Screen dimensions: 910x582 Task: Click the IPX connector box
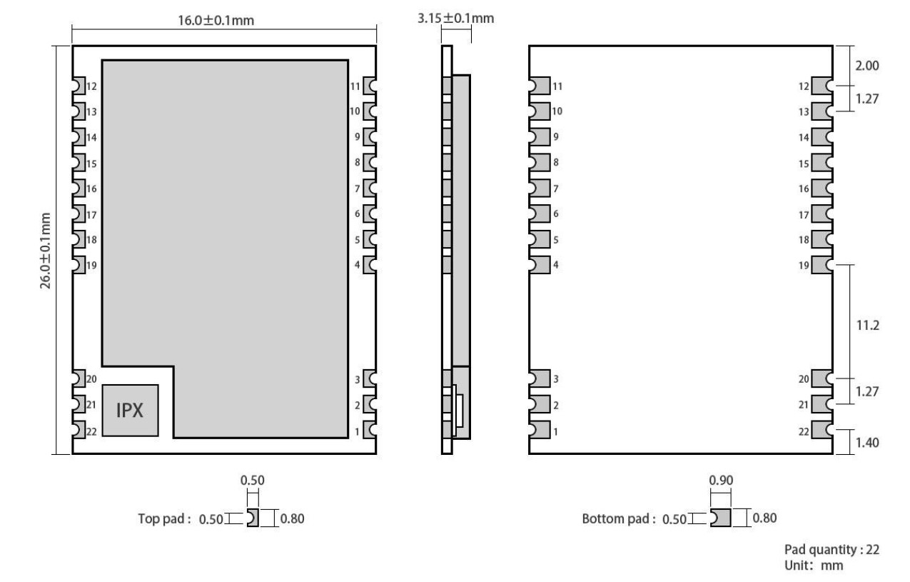click(130, 411)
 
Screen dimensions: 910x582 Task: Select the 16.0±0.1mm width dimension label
click(216, 20)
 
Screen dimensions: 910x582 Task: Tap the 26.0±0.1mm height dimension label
click(45, 251)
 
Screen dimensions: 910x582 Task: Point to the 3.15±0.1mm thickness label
click(456, 19)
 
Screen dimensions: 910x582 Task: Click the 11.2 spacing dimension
click(867, 325)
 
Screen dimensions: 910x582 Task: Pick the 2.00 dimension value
click(867, 66)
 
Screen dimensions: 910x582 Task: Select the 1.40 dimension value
click(867, 442)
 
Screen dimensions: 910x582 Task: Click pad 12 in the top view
click(79, 86)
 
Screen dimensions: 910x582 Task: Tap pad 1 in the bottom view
click(540, 430)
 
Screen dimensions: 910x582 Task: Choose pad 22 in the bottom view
click(821, 430)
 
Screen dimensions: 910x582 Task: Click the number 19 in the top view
click(91, 266)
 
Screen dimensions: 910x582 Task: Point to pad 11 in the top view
click(369, 86)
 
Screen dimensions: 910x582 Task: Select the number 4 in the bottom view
click(556, 265)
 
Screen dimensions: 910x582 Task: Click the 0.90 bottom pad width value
click(721, 480)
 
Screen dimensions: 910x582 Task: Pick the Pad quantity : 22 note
click(831, 549)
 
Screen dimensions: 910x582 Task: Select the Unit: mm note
click(814, 566)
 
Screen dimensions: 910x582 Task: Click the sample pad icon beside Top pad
click(253, 518)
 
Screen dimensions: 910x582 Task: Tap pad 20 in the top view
click(79, 378)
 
